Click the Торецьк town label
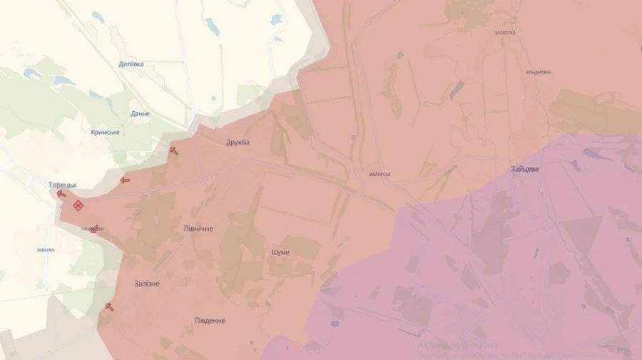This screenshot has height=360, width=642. pos(62,185)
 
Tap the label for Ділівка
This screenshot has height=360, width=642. pos(131,64)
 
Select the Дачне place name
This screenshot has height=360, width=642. pos(140,113)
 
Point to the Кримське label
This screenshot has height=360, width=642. pos(105,133)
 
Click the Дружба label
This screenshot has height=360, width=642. pos(238,143)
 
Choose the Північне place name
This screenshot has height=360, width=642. pos(198,228)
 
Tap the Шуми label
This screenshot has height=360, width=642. pos(281,252)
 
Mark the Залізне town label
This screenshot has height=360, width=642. pos(147,284)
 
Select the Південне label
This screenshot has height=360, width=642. pos(210,320)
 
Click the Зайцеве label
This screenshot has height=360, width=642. pos(525,169)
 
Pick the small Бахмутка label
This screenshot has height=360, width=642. pos(504,34)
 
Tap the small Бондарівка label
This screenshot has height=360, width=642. pos(537,72)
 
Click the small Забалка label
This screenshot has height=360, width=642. pos(45,250)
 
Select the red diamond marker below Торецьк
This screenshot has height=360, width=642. pos(78,205)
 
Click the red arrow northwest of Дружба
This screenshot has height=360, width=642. pos(173,150)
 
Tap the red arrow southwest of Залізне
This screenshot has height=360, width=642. pos(109,307)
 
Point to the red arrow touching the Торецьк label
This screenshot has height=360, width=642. pos(61,193)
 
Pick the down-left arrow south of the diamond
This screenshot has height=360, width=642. pos(93,229)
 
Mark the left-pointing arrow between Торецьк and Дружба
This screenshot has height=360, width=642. pos(126,180)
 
